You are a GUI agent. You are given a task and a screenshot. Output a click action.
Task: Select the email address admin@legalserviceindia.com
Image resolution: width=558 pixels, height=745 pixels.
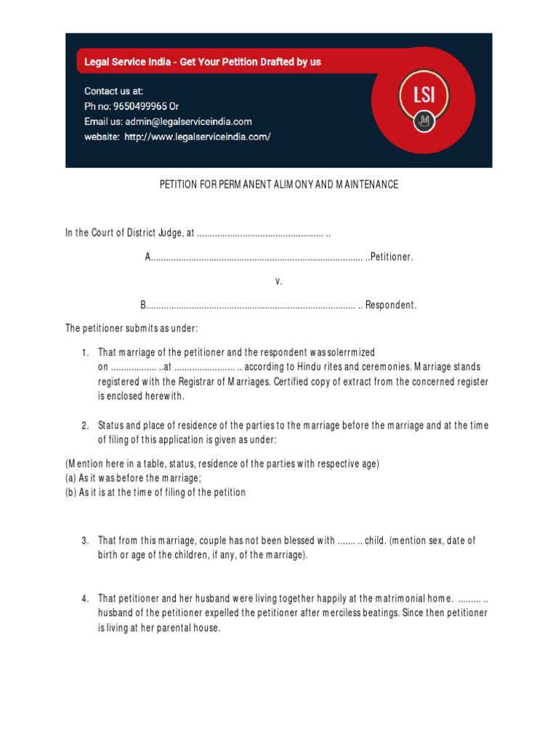(188, 121)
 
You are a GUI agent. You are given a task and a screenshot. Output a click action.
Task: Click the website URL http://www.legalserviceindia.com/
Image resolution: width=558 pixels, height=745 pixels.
(197, 137)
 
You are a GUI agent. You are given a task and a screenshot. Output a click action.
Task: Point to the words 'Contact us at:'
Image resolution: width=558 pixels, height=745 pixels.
(114, 91)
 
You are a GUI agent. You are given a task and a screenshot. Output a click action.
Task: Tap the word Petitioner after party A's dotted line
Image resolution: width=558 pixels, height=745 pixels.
(392, 257)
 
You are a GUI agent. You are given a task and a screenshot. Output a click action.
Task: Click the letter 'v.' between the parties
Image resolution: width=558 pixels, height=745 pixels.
(278, 281)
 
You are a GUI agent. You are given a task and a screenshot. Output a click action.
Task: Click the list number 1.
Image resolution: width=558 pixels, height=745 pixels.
(85, 352)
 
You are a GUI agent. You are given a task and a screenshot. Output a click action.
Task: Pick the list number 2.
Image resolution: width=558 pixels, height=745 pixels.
(85, 425)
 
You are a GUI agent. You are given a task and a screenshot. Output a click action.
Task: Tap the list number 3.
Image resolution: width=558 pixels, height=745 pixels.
(85, 541)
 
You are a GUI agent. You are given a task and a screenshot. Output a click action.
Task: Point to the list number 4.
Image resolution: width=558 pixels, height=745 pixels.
(85, 599)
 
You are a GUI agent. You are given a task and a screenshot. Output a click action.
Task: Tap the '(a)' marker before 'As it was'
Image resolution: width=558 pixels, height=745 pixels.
(71, 478)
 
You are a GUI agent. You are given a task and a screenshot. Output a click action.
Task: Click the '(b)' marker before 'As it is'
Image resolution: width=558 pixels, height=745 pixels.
(71, 493)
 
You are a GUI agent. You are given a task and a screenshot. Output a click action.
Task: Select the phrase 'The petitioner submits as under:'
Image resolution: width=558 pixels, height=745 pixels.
(132, 329)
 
